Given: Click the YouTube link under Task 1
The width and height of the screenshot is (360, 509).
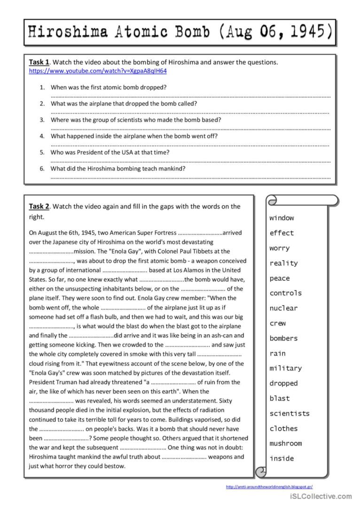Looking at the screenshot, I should (98, 71).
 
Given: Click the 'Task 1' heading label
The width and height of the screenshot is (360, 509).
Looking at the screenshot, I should (39, 62).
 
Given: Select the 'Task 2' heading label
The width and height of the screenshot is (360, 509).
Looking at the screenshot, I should (39, 206).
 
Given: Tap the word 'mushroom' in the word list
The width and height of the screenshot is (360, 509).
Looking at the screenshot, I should (285, 443).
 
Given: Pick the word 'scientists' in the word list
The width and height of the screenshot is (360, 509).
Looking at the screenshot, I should (290, 413).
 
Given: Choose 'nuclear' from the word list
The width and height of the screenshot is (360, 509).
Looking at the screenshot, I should (283, 308).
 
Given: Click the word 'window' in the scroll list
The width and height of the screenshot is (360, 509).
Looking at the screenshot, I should (282, 218).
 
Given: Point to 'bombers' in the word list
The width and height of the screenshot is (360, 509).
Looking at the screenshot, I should (283, 338).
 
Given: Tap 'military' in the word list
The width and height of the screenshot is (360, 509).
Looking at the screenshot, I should (285, 368).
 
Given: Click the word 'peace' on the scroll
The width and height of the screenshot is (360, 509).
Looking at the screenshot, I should (280, 278).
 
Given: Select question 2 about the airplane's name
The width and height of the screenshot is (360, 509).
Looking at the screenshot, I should (124, 103).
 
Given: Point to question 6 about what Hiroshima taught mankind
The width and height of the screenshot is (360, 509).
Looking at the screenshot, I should (118, 169).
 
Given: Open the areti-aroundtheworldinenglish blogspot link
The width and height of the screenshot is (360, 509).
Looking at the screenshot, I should (269, 487).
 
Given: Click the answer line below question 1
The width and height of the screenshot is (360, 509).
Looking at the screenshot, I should (190, 96).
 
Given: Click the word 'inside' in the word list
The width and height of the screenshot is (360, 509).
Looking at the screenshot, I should (282, 458).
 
